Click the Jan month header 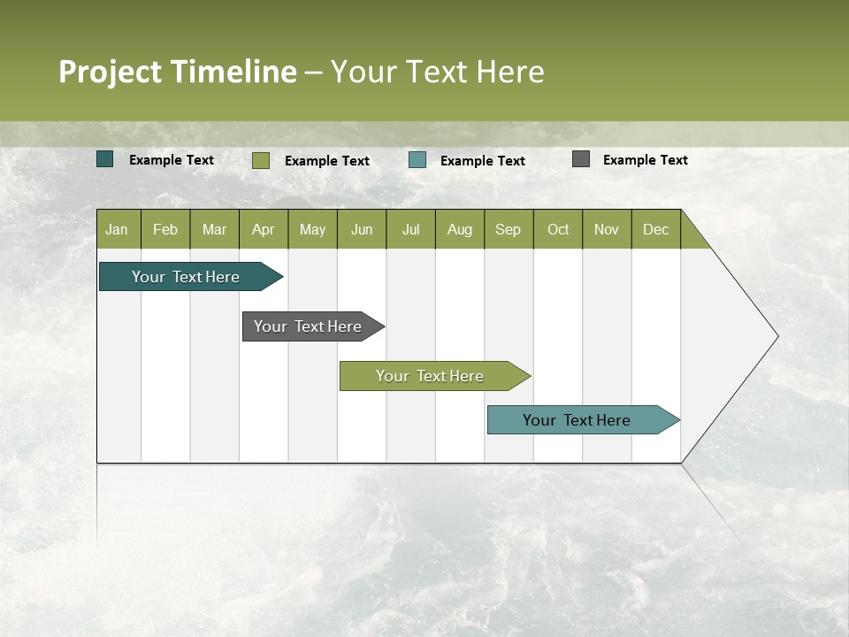[117, 229]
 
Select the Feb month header [165, 229]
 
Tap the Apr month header [263, 229]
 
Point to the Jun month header [362, 229]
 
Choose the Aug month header [460, 229]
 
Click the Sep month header [508, 229]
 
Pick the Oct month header [558, 229]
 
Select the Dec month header [655, 229]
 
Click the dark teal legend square [105, 159]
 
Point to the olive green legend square [261, 160]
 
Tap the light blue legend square [417, 160]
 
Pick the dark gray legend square [581, 159]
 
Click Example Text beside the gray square [645, 159]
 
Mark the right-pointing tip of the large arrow [776, 336]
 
